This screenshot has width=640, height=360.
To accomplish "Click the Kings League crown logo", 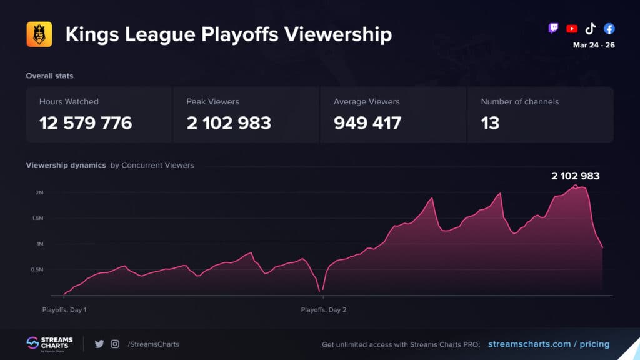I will [39, 34].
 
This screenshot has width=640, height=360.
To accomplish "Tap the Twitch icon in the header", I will [553, 29].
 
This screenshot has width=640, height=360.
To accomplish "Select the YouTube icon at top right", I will [571, 29].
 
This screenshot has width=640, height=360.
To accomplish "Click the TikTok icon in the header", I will [590, 29].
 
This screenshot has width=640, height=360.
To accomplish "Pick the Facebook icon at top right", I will [609, 29].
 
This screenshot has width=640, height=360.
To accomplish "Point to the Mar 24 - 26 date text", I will [593, 45].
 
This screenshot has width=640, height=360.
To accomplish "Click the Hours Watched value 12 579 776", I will [86, 122].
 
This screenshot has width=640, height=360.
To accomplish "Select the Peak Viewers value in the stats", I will [229, 122].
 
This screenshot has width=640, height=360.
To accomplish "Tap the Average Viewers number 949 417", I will [367, 122].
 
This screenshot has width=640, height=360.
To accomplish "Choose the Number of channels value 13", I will [490, 122].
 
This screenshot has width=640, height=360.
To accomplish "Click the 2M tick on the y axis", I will [39, 192].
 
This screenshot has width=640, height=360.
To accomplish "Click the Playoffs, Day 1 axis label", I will [64, 309].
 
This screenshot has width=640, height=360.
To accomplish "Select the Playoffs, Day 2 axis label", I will [323, 309].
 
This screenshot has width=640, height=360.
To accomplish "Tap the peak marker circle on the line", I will [575, 186].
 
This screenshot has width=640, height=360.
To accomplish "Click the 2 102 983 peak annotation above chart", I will [575, 176].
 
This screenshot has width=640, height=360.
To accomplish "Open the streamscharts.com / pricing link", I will [548, 344].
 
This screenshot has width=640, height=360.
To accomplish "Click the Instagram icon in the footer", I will [115, 344].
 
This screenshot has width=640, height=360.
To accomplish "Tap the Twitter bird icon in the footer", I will [99, 344].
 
